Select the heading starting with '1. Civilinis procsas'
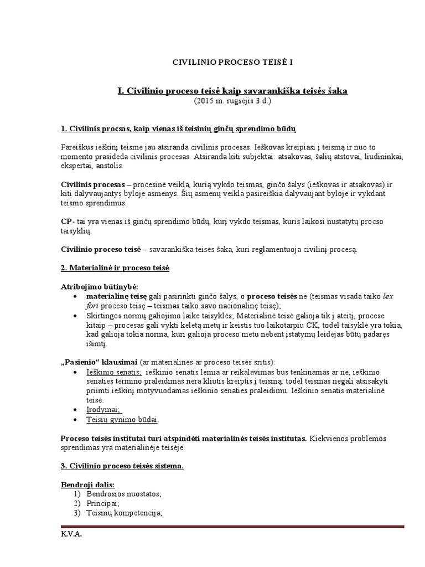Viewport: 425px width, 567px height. tap(178, 129)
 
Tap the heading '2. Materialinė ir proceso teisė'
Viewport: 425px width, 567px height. tap(115, 268)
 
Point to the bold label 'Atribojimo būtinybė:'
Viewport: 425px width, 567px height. tap(92, 286)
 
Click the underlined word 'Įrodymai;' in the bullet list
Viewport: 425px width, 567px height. tap(103, 409)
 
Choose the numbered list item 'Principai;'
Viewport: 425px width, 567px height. tap(102, 503)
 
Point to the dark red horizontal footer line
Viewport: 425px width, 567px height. tap(232, 527)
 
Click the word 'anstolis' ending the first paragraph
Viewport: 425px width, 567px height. tap(112, 166)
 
